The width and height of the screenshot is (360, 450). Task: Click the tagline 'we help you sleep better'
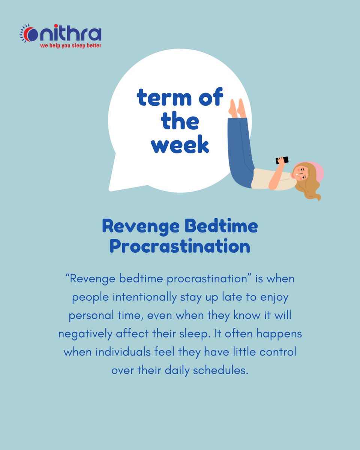(71, 46)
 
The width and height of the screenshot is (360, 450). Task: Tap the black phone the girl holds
(282, 160)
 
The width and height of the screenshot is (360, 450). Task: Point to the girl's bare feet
(237, 109)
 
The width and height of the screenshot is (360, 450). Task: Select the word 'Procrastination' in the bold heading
(180, 246)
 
